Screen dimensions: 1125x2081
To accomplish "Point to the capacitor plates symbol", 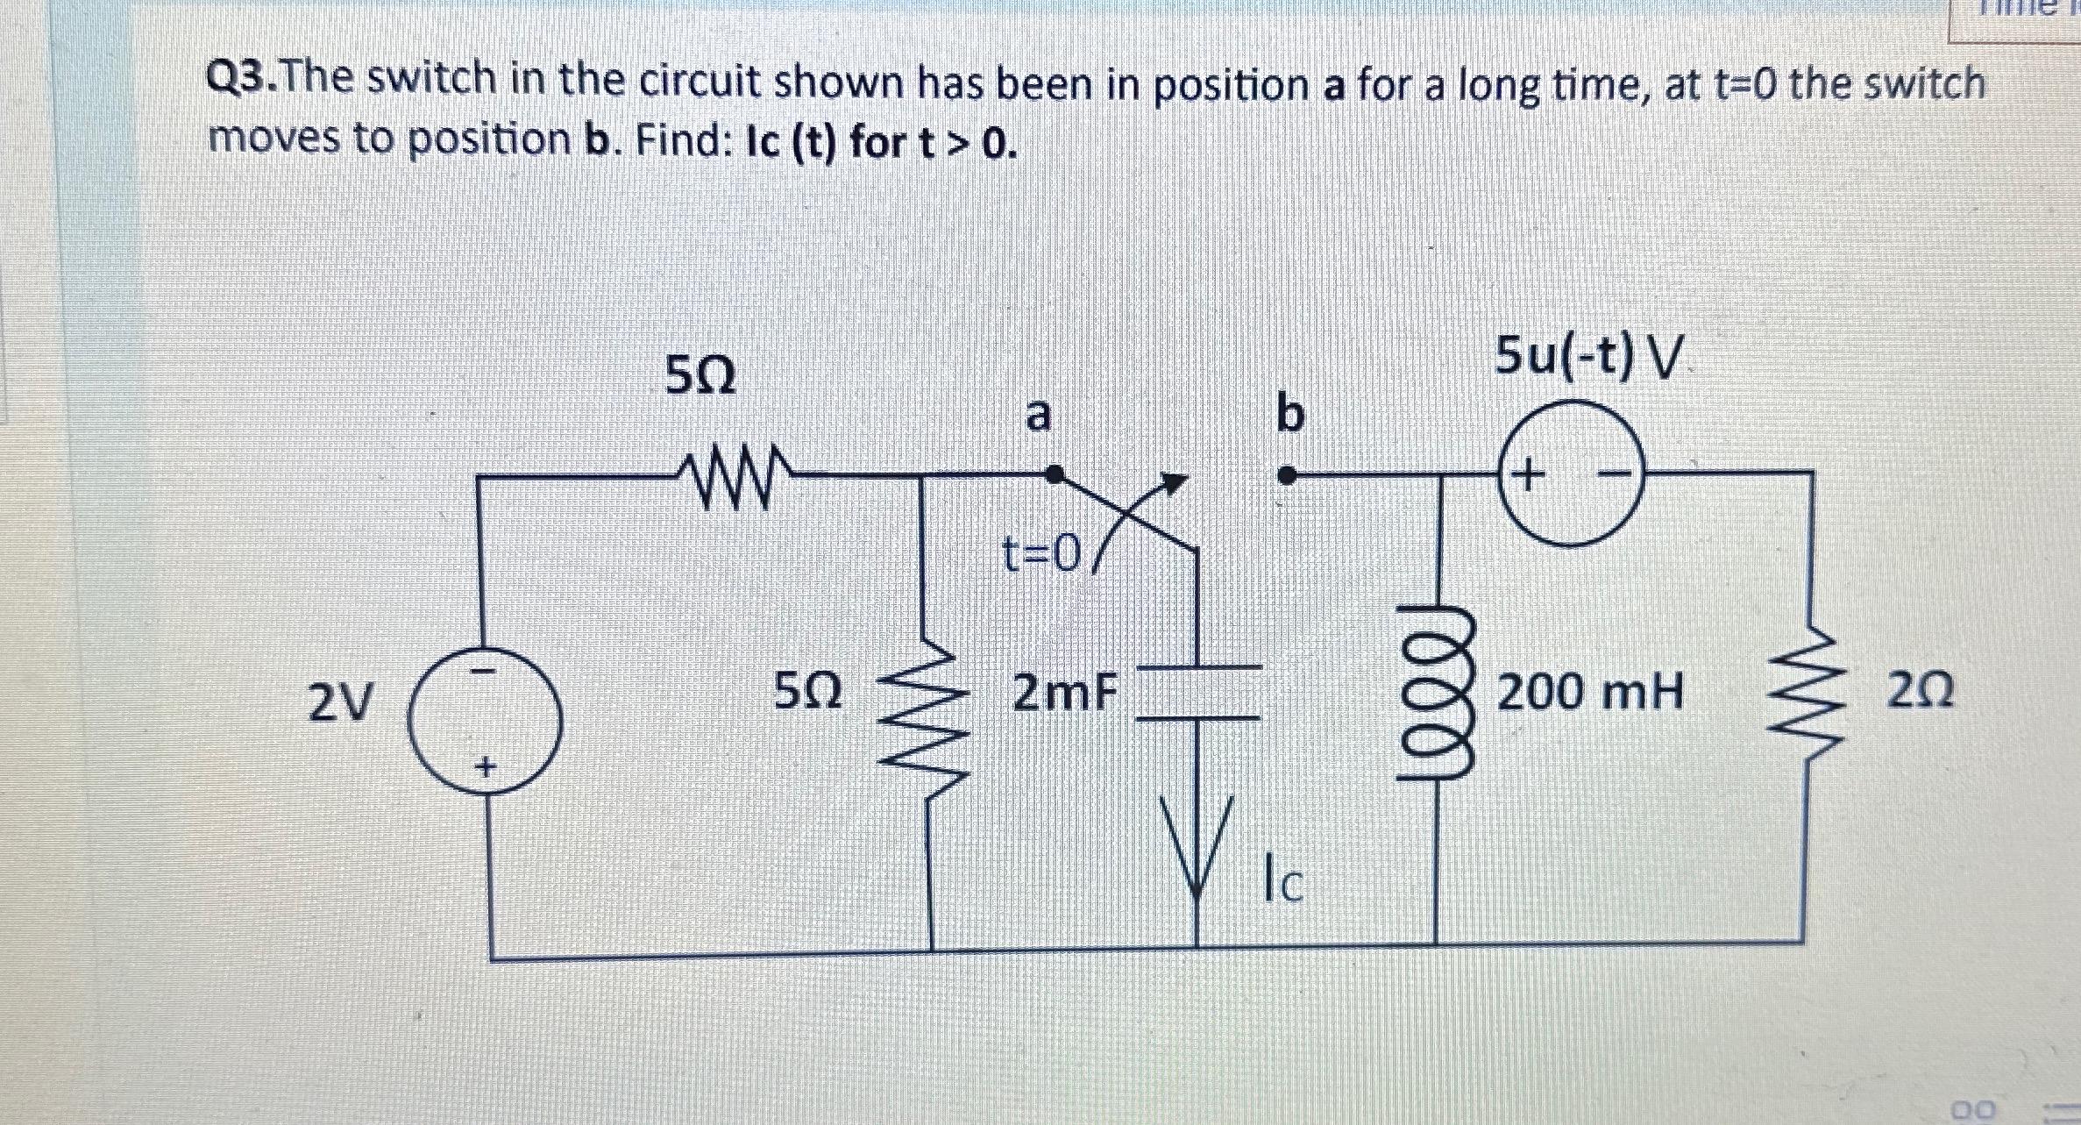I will pyautogui.click(x=1198, y=693).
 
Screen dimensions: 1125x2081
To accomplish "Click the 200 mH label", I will pyautogui.click(x=1590, y=693).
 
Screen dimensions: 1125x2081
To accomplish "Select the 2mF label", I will pyautogui.click(x=1065, y=694).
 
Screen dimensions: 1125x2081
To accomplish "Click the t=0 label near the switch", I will pyautogui.click(x=1041, y=553).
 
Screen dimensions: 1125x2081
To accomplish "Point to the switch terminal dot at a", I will pyautogui.click(x=1056, y=474).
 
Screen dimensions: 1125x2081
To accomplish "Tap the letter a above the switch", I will pyautogui.click(x=1038, y=414).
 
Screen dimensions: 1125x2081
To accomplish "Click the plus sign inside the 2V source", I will pyautogui.click(x=484, y=768).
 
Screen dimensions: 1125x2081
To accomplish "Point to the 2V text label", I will pyautogui.click(x=340, y=701).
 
